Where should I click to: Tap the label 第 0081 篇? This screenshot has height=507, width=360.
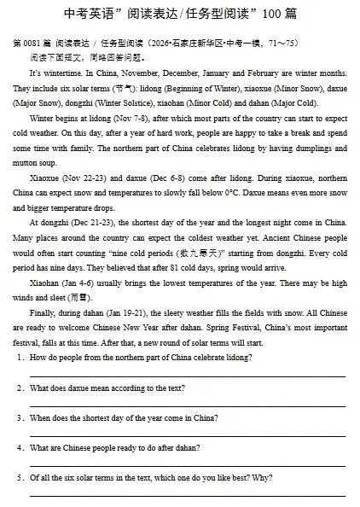29,43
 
